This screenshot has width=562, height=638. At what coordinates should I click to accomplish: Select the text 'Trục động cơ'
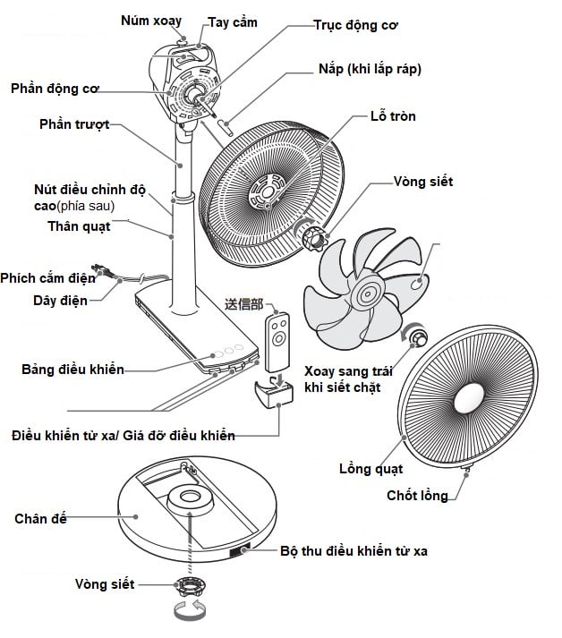(355, 26)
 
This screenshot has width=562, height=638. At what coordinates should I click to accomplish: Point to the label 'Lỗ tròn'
(393, 116)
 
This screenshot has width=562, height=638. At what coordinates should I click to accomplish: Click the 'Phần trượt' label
(75, 124)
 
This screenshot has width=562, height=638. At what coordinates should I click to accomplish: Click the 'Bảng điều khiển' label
(72, 369)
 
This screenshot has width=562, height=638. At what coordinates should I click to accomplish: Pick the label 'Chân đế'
(41, 519)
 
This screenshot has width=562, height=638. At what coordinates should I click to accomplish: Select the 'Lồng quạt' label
(370, 468)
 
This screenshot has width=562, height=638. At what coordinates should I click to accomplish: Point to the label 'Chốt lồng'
(417, 496)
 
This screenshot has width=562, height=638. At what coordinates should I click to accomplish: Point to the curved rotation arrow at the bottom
(189, 615)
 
